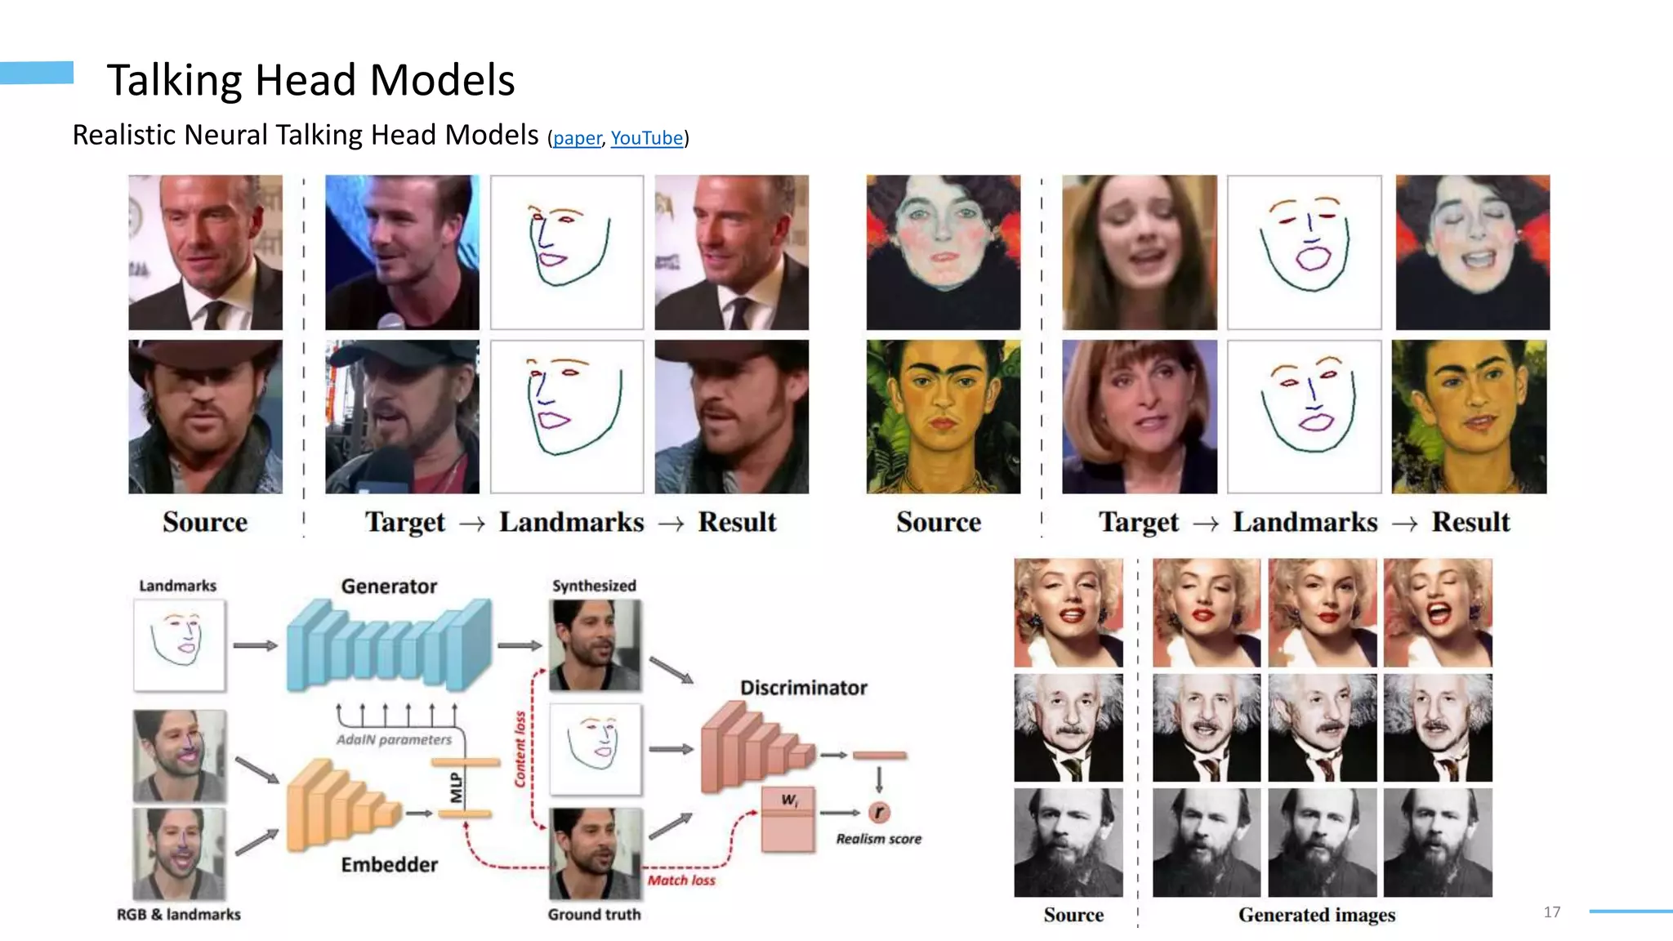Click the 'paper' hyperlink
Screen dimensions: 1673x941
pyautogui.click(x=577, y=138)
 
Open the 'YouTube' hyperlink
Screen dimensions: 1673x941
pyautogui.click(x=646, y=138)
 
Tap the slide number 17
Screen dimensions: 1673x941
pyautogui.click(x=1552, y=912)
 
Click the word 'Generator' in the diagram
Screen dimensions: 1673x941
pyautogui.click(x=389, y=586)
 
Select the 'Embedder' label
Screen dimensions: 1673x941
pyautogui.click(x=389, y=864)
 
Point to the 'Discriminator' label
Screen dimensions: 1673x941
pyautogui.click(x=804, y=688)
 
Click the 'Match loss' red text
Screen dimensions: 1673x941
pyautogui.click(x=681, y=880)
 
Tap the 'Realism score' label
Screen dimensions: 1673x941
pyautogui.click(x=878, y=839)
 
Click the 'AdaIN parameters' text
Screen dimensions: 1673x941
pyautogui.click(x=394, y=739)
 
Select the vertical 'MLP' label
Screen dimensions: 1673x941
pyautogui.click(x=457, y=787)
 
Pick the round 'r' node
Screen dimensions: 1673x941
pyautogui.click(x=879, y=812)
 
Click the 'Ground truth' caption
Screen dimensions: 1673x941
pyautogui.click(x=594, y=914)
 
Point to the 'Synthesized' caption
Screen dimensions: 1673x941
pyautogui.click(x=594, y=586)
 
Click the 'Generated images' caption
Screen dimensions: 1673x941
pyautogui.click(x=1316, y=915)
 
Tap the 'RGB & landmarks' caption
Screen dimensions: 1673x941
pyautogui.click(x=178, y=914)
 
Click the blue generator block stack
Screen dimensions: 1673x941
pyautogui.click(x=389, y=645)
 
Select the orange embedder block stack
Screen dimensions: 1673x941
pyautogui.click(x=343, y=805)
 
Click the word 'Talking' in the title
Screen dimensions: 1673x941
pyautogui.click(x=173, y=80)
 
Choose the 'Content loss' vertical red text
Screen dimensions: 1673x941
pyautogui.click(x=520, y=749)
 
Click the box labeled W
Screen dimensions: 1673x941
pyautogui.click(x=788, y=819)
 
